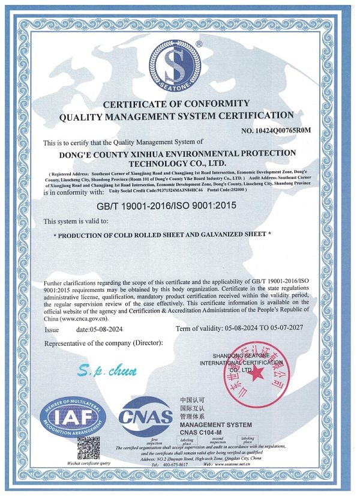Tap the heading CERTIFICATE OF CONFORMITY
click(175, 104)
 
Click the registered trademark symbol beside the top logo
click(199, 44)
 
